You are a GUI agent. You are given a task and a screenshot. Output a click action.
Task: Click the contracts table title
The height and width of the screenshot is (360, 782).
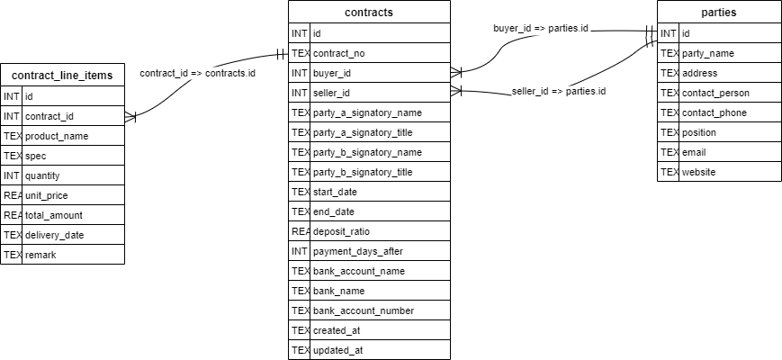point(369,13)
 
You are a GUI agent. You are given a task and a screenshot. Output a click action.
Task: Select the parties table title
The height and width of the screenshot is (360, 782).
point(718,13)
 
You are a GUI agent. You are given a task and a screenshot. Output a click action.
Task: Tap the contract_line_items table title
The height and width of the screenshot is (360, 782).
point(62,76)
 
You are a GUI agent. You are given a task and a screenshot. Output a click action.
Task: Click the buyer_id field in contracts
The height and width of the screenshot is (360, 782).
point(333,73)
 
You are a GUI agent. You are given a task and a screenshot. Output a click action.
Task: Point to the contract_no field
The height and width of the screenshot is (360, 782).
point(339,53)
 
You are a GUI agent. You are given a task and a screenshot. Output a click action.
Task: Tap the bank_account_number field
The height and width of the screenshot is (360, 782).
point(364,310)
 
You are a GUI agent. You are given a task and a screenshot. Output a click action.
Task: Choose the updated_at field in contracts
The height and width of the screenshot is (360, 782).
point(338,350)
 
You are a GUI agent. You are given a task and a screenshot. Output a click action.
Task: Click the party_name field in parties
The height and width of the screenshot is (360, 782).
point(708,53)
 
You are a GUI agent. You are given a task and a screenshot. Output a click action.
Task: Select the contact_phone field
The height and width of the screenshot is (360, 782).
point(715,112)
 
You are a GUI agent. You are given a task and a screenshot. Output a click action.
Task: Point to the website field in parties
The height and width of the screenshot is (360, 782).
point(699,172)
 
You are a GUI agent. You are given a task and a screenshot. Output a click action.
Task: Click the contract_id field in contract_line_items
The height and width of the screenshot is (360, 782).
point(49,116)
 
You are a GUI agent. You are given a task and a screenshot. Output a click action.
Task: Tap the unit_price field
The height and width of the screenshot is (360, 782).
point(47,195)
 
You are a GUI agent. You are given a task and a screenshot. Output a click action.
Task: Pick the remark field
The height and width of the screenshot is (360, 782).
point(40,255)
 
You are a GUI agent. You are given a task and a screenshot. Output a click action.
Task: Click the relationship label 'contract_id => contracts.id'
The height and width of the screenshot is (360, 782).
point(197,73)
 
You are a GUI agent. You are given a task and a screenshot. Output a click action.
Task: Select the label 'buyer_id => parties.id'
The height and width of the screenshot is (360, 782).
point(541,29)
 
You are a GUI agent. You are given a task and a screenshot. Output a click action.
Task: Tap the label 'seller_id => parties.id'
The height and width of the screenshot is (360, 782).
point(559,91)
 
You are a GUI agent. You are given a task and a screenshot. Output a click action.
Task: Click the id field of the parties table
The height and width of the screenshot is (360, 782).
point(686,33)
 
